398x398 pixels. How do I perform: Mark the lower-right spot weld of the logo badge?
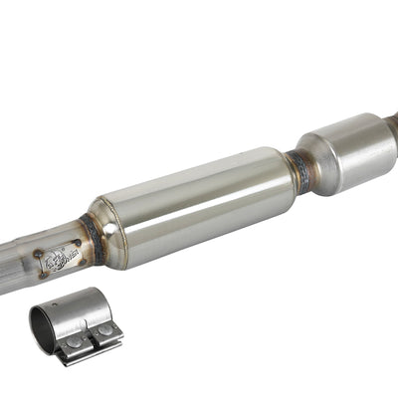pos(74,267)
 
